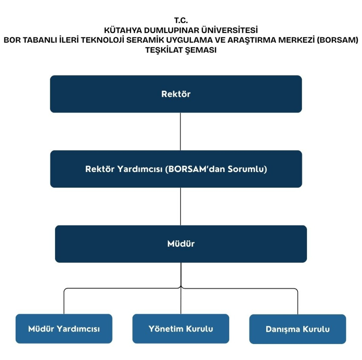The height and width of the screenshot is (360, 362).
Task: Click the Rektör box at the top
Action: (x=176, y=94)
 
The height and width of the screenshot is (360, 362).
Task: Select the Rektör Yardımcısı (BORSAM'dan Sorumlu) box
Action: (x=176, y=169)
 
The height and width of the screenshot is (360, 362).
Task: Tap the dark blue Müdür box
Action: (x=181, y=244)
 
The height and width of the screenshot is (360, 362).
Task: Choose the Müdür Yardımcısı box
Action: (x=64, y=329)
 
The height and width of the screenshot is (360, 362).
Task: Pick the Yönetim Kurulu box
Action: (x=181, y=329)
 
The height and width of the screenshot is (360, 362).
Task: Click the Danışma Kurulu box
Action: (x=298, y=329)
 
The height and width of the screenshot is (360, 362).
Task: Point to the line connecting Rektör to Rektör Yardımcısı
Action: (x=180, y=131)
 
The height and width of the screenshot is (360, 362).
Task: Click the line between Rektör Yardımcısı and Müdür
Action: (x=181, y=207)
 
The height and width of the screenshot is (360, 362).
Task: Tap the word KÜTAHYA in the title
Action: (x=123, y=30)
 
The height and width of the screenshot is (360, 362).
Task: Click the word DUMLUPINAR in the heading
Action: (x=171, y=30)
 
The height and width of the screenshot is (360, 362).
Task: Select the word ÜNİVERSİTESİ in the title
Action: (x=230, y=30)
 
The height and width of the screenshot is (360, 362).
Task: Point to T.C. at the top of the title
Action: (x=181, y=20)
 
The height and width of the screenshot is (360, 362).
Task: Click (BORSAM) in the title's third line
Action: (x=337, y=40)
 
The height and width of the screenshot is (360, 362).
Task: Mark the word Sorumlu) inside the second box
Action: (x=247, y=169)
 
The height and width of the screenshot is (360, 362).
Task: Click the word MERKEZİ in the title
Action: (x=296, y=40)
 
